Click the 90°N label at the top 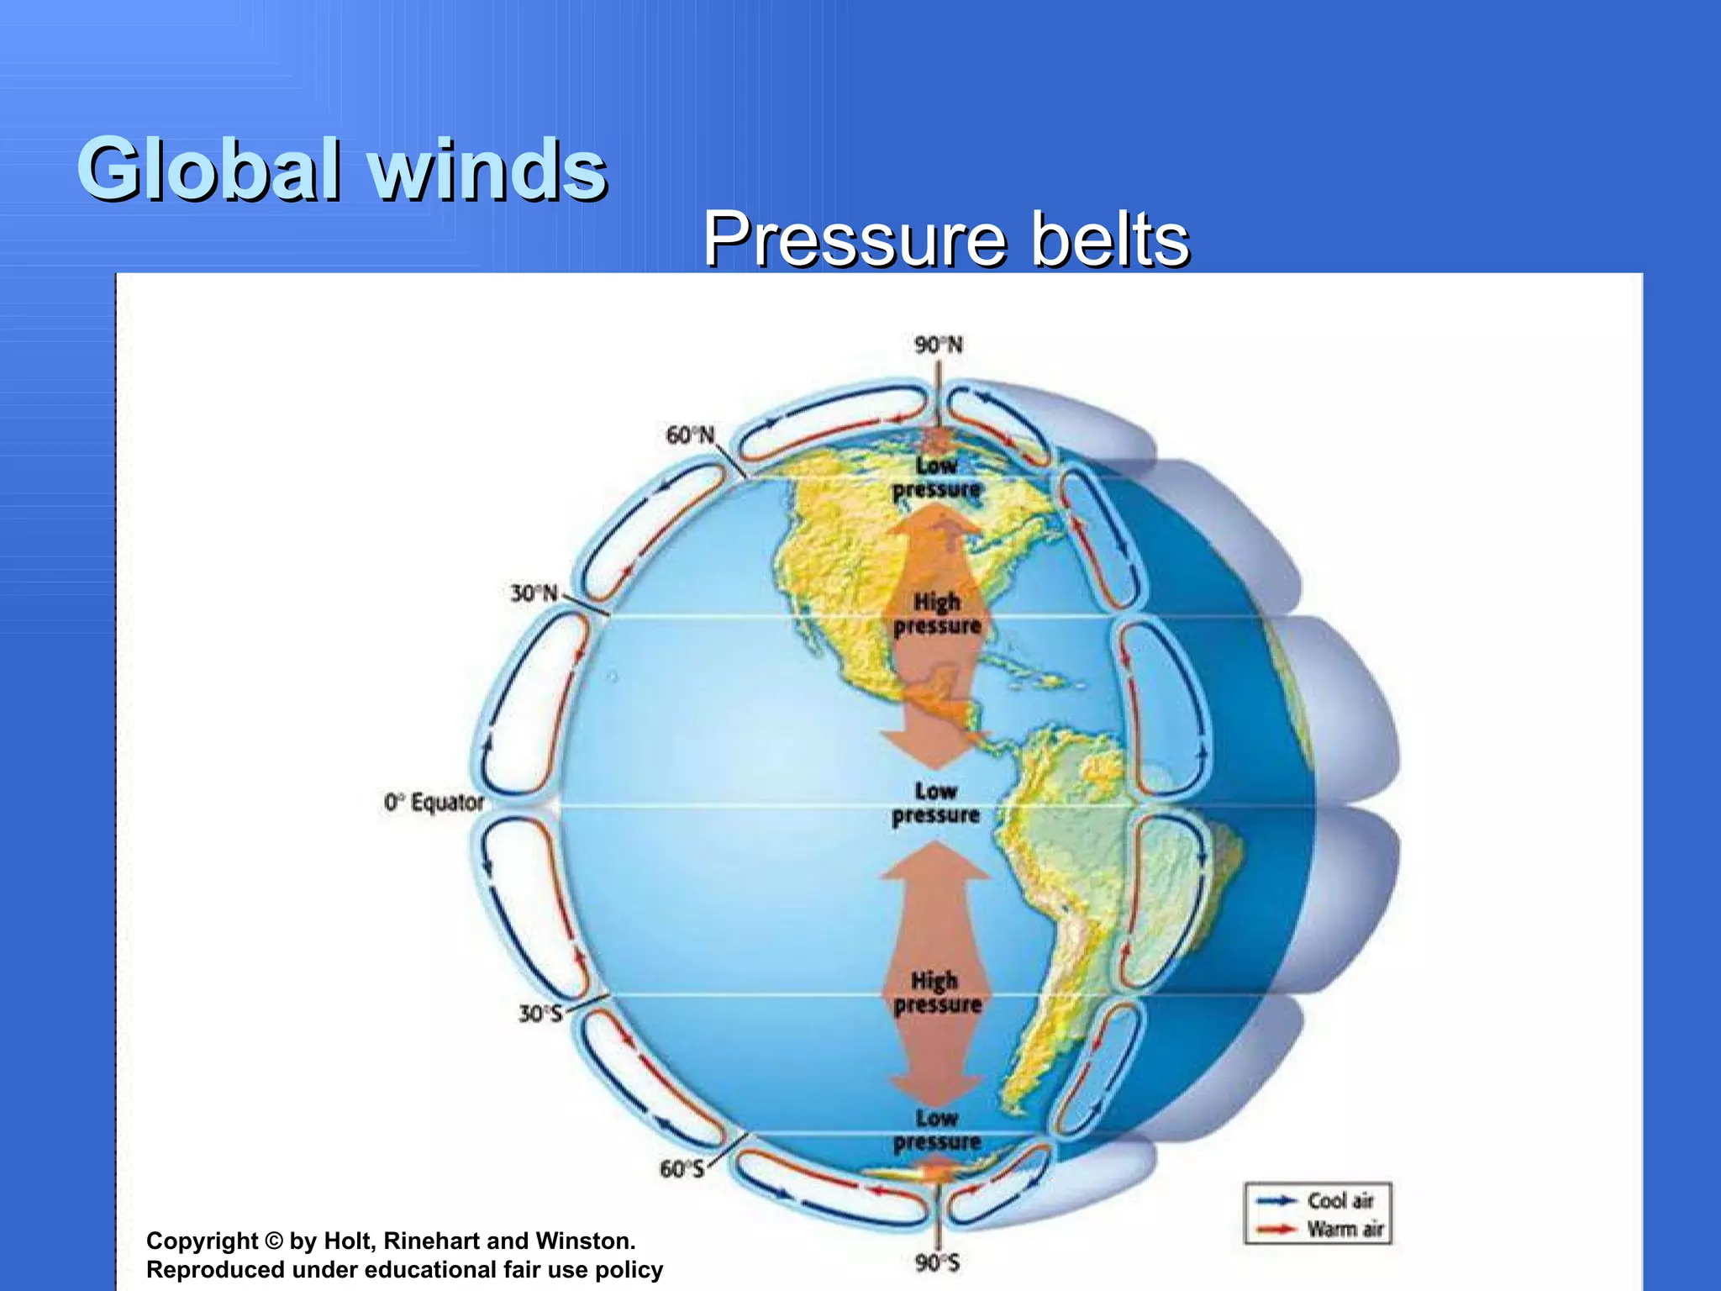(x=938, y=345)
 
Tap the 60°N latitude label (x=690, y=435)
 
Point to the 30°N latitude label (x=534, y=593)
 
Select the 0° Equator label (x=434, y=803)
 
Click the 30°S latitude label (x=539, y=1014)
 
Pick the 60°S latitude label (x=682, y=1169)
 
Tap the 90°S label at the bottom (x=937, y=1262)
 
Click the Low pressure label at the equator (x=936, y=804)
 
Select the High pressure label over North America (x=937, y=614)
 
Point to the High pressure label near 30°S (x=937, y=993)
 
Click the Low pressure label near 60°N (x=936, y=477)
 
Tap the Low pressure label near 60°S (x=937, y=1130)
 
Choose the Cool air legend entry (x=1339, y=1200)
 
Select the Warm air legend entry (x=1345, y=1230)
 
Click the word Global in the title (x=210, y=171)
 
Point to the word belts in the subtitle (x=1109, y=240)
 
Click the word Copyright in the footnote (x=203, y=1241)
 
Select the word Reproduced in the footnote (x=215, y=1270)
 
